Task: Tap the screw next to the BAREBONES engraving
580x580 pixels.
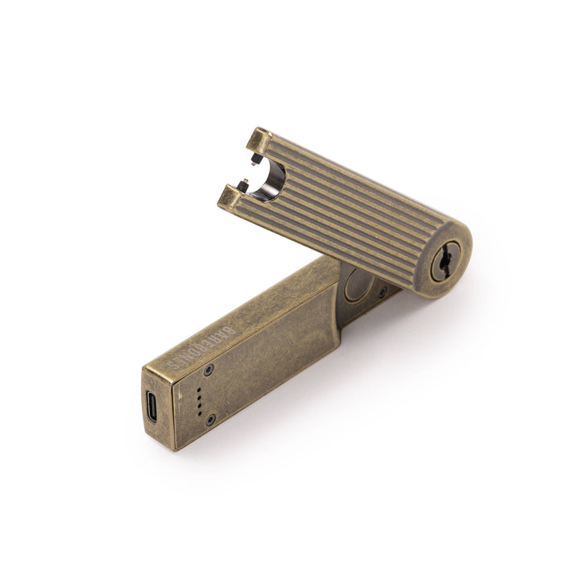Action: point(209,370)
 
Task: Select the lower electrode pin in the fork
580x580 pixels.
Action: point(242,180)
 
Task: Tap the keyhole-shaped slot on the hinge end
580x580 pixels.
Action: point(445,262)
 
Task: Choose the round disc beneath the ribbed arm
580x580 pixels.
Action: point(358,286)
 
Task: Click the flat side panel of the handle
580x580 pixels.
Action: point(266,346)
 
